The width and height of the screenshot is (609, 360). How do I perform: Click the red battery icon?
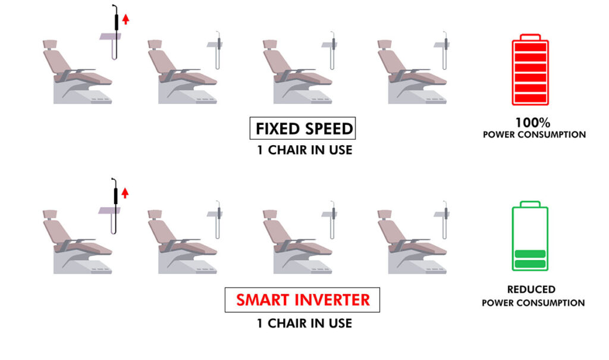[x=530, y=70]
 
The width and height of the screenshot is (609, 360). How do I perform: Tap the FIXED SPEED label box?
[x=303, y=129]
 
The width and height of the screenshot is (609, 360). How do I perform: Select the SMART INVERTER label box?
[x=302, y=300]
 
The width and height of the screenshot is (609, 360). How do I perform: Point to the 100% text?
[x=532, y=123]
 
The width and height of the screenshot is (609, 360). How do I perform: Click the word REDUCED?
[x=531, y=289]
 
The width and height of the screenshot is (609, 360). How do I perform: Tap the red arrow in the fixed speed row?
[x=125, y=19]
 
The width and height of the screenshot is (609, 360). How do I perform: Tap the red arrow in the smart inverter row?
[x=125, y=193]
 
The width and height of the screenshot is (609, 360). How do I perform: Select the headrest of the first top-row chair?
[x=50, y=44]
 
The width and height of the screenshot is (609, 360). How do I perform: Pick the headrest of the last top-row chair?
[x=385, y=44]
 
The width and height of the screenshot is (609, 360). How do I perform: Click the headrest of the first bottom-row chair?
[x=50, y=214]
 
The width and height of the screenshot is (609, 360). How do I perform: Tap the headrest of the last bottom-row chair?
[x=385, y=214]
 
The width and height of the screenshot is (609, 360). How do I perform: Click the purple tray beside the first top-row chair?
[x=110, y=36]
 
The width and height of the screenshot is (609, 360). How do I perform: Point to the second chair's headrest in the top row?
[x=155, y=44]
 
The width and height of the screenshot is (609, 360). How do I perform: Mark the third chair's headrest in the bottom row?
[x=270, y=214]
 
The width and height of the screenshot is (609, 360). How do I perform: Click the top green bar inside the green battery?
[x=530, y=254]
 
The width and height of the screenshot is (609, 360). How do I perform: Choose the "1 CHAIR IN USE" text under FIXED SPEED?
[x=304, y=150]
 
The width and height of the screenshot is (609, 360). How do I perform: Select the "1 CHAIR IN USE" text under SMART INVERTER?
[x=304, y=323]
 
